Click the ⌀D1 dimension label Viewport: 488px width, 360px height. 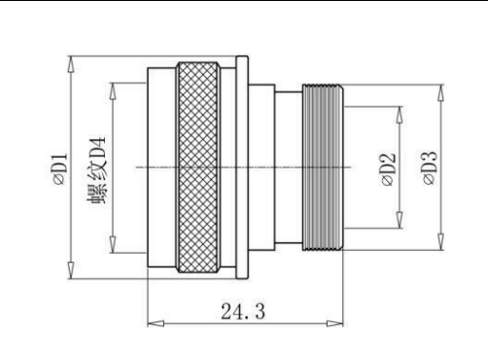click(61, 169)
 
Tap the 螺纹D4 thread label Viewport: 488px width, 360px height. click(97, 170)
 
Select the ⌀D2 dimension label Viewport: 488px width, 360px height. click(389, 169)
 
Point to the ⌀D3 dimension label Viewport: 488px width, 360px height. click(430, 168)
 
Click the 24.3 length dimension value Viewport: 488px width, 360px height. click(243, 311)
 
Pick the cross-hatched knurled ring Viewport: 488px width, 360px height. click(198, 167)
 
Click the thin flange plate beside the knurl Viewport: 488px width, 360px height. click(242, 167)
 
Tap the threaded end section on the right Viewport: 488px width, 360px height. click(323, 167)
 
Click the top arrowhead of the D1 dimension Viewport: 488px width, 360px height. click(71, 64)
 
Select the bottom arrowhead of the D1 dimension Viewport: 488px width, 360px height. click(71, 270)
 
